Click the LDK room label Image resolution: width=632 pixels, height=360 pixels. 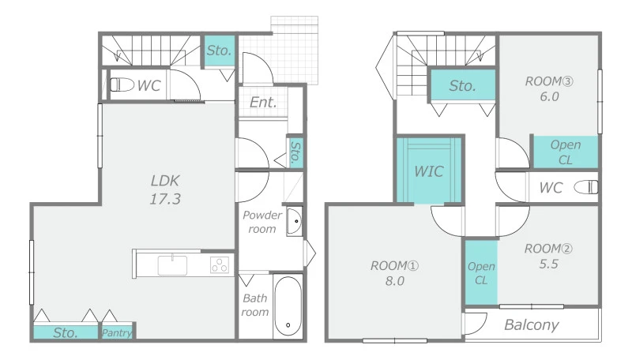165,181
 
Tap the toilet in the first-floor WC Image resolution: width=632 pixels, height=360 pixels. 122,85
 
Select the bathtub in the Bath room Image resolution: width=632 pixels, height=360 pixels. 288,306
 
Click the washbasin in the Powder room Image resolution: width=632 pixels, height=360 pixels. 294,221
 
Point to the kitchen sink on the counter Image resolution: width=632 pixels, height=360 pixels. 172,265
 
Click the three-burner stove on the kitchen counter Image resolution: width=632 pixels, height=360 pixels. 220,265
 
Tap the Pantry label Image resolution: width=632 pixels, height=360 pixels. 116,332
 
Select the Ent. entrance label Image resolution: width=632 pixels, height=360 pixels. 263,103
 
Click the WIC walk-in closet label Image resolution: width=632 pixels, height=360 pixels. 429,171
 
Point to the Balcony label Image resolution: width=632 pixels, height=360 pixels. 531,325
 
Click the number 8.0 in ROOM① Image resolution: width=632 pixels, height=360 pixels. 394,281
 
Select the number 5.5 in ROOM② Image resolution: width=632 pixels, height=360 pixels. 548,264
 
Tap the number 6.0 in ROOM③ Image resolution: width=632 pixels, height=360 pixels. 549,96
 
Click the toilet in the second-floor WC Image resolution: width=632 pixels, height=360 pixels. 586,187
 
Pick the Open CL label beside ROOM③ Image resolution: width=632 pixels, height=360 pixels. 566,152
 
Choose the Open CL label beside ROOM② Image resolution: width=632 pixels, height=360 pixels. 481,273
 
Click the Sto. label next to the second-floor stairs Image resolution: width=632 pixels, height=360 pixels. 462,86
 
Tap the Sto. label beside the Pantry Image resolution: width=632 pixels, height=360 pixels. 66,332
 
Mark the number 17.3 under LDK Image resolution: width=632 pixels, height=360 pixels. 165,198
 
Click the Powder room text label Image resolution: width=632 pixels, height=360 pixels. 262,222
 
